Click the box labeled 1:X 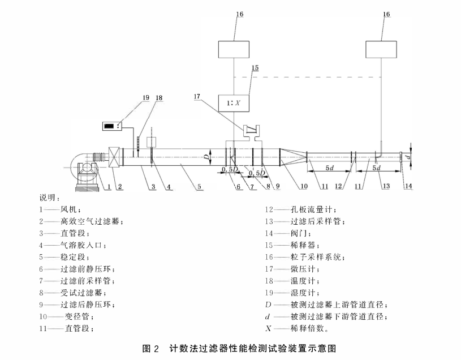233,104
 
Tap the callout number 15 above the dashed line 255,67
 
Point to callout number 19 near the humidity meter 146,97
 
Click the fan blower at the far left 84,167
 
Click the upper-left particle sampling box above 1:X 233,49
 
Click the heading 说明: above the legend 49,197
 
